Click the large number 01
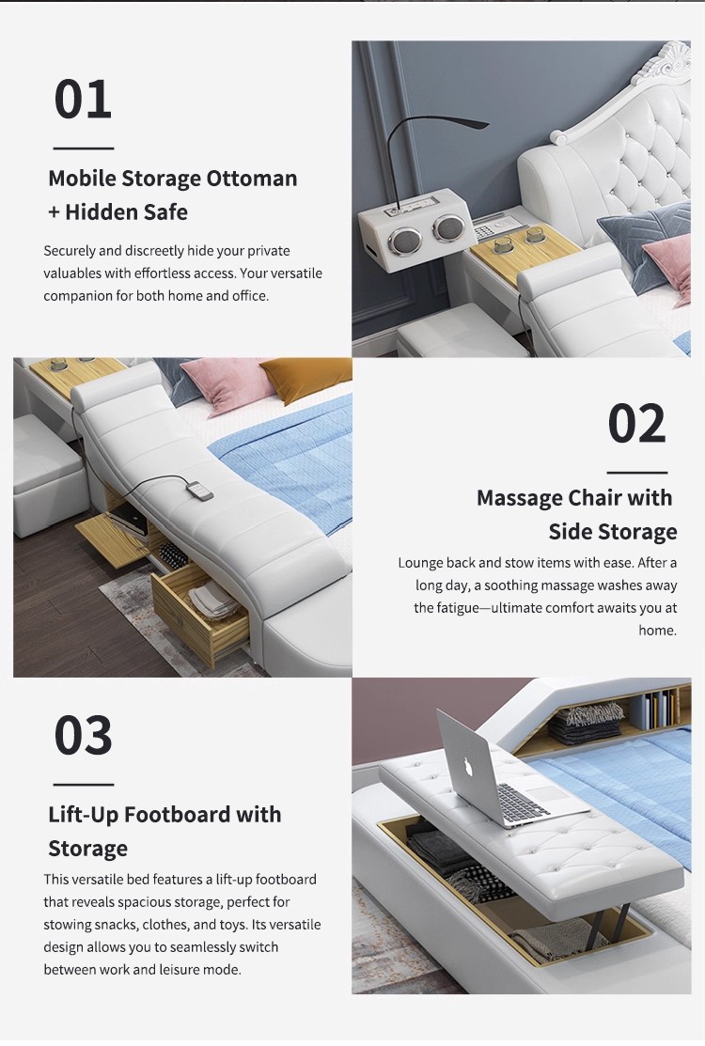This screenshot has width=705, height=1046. [83, 99]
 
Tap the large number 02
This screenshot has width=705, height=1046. [637, 423]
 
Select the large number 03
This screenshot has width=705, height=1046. [83, 735]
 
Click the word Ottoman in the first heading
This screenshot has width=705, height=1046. [252, 179]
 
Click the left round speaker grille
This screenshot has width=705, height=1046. [402, 241]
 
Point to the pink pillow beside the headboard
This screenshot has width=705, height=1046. [667, 258]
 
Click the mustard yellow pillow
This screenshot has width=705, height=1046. [306, 379]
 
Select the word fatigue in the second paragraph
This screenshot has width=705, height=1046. [462, 608]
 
